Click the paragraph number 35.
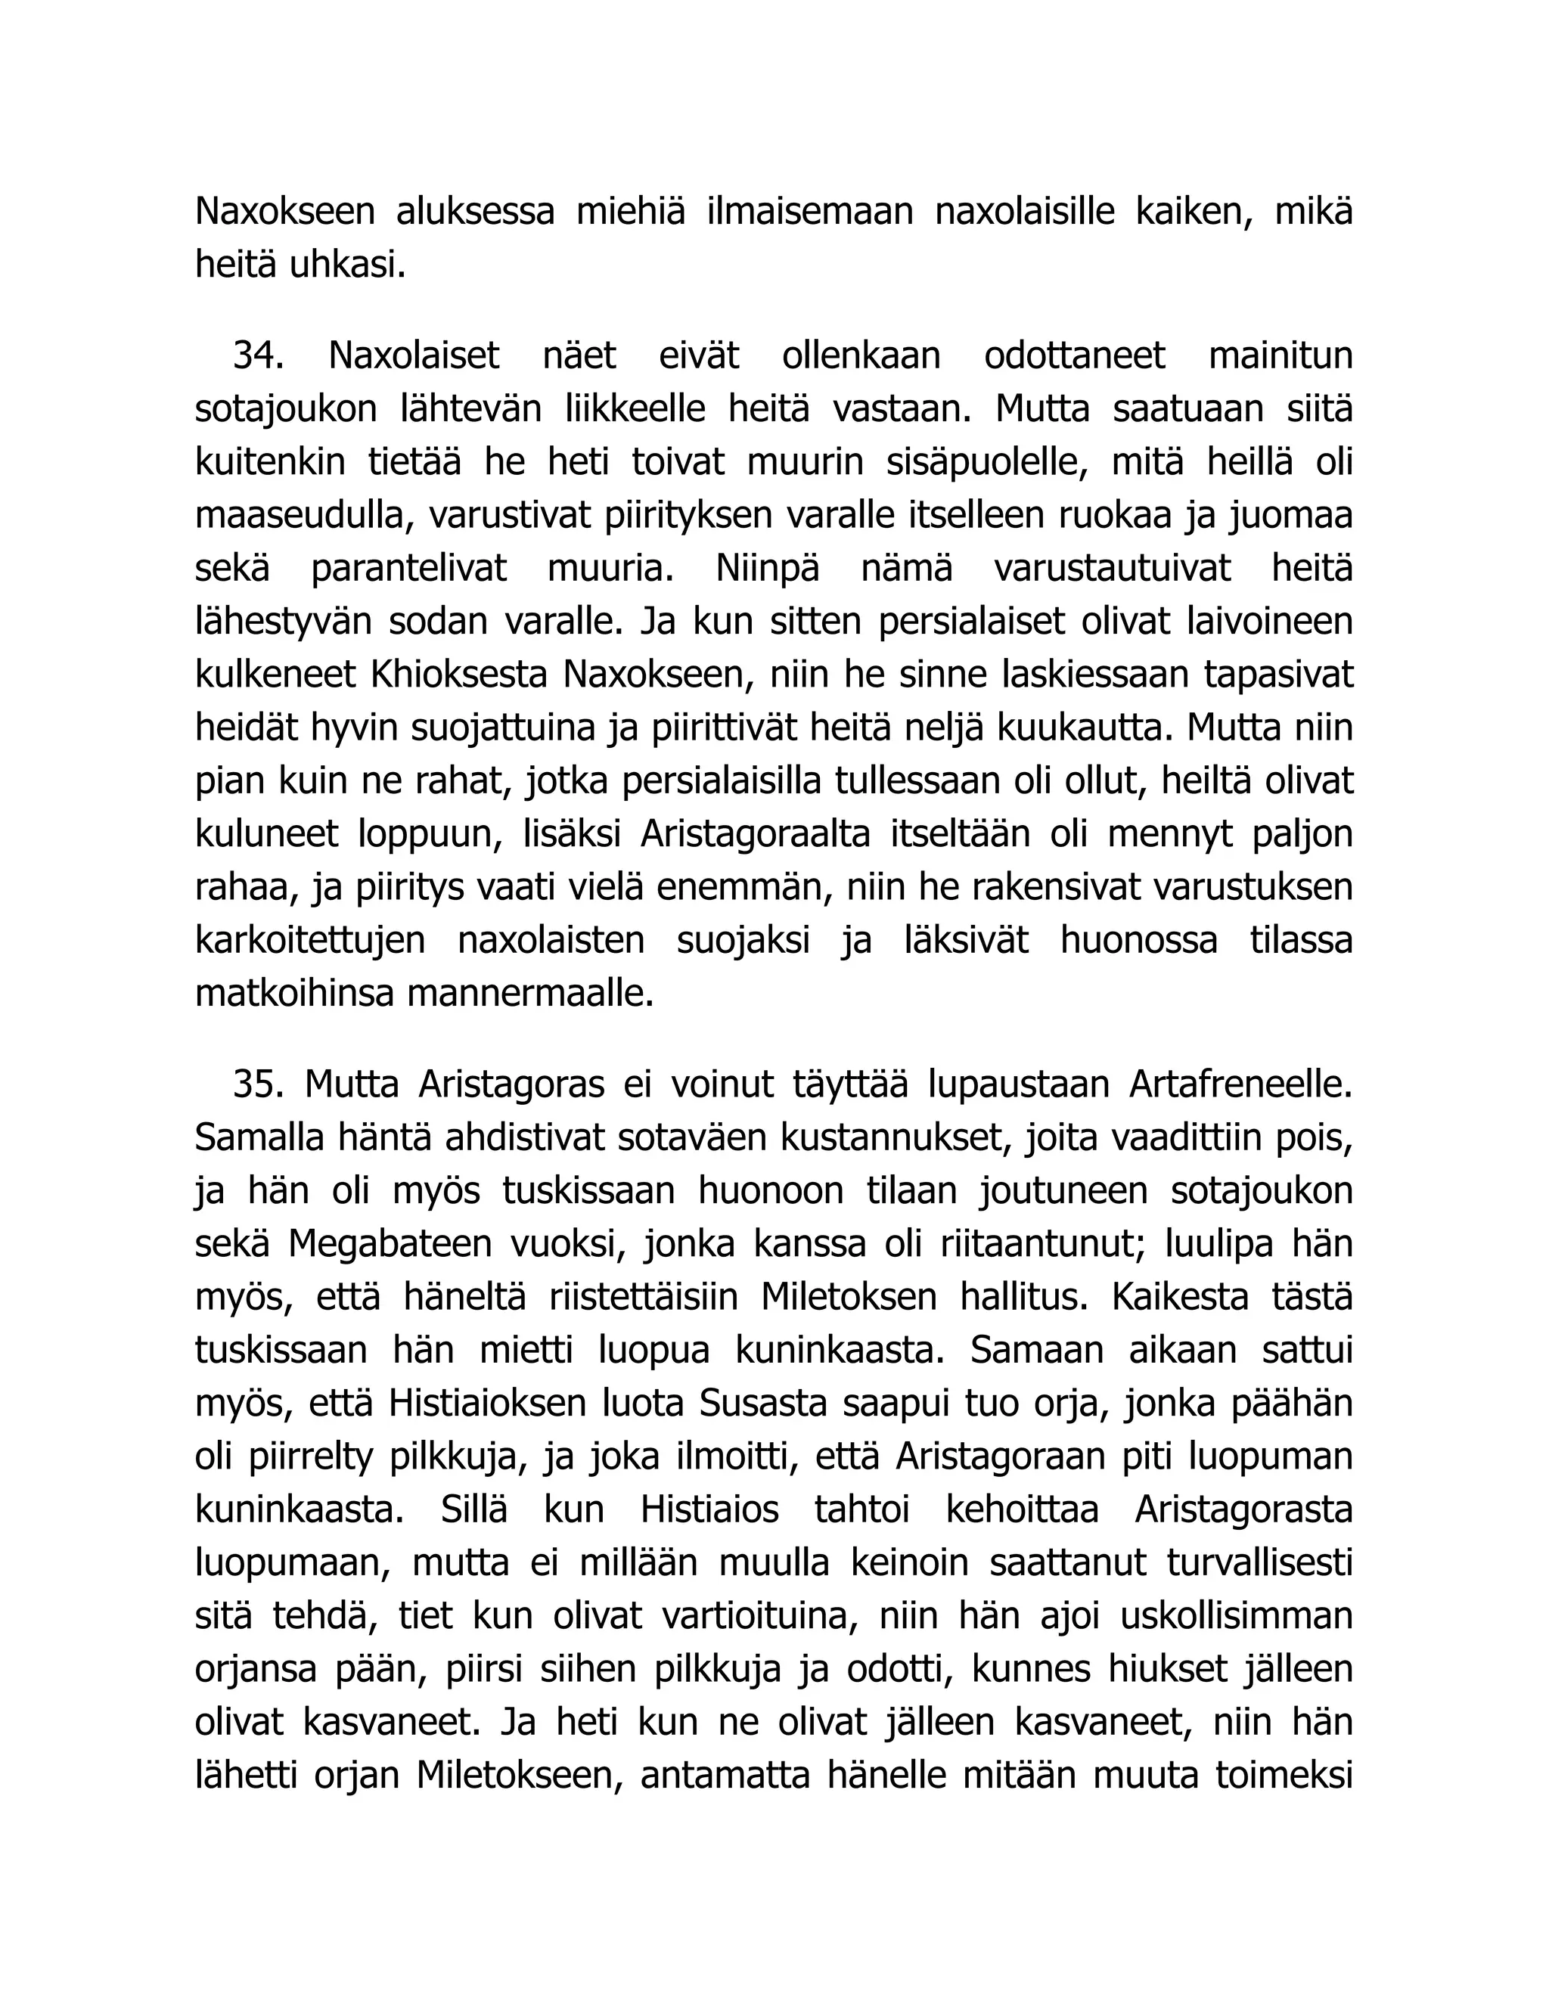click(258, 1084)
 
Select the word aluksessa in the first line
click(474, 212)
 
